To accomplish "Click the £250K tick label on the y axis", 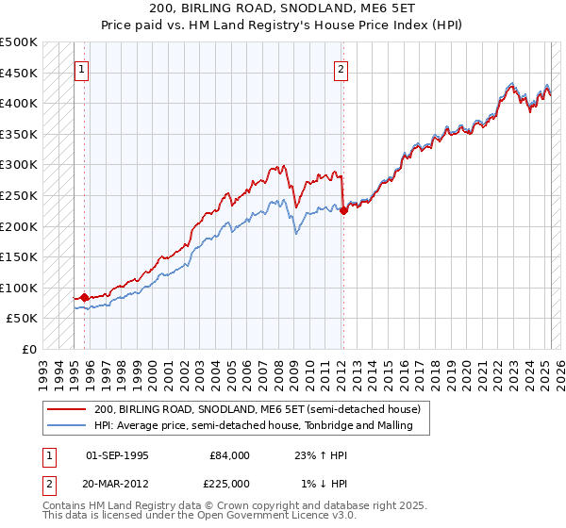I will (19, 195).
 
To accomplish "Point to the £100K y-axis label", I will (19, 288).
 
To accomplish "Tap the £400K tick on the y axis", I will (19, 103).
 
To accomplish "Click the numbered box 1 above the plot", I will (83, 68).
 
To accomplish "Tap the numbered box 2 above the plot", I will (340, 68).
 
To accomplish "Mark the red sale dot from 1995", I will (85, 298).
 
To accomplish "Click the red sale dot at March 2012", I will (343, 211).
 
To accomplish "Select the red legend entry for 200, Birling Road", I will (262, 409).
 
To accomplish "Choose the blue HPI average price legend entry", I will (260, 426).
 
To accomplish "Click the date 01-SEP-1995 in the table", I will (117, 454).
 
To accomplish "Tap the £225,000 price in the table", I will (230, 484).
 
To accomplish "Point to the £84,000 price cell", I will (230, 454).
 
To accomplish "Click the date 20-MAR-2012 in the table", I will (117, 484).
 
